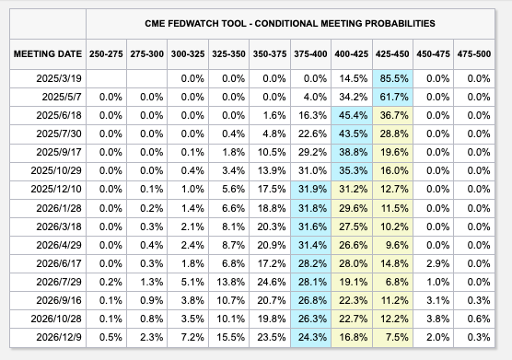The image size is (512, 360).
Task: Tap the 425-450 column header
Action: pyautogui.click(x=393, y=54)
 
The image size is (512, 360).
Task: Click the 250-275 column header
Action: pyautogui.click(x=107, y=54)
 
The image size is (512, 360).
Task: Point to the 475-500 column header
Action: pyautogui.click(x=475, y=54)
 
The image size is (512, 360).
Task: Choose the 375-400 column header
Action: pyautogui.click(x=310, y=54)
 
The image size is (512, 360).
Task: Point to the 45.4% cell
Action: pyautogui.click(x=352, y=115)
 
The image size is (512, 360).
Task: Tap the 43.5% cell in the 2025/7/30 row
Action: pyautogui.click(x=352, y=134)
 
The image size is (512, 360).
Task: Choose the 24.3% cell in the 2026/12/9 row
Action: pyautogui.click(x=310, y=338)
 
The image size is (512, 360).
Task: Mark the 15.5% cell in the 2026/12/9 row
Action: pyautogui.click(x=230, y=338)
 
